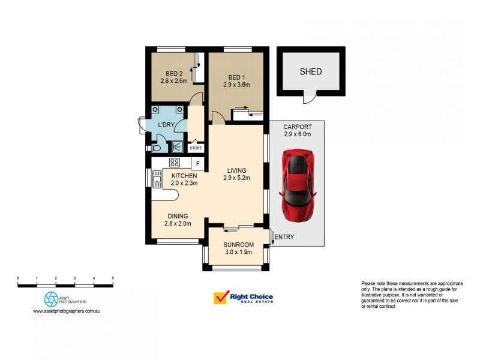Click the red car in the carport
click(x=298, y=185)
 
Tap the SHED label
click(x=311, y=71)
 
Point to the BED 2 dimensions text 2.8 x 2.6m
click(x=174, y=80)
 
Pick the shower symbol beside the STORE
click(x=178, y=146)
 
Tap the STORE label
click(x=196, y=148)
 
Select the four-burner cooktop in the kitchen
click(x=175, y=163)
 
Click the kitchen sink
click(x=157, y=178)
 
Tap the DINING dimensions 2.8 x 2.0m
click(x=178, y=224)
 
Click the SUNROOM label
click(x=238, y=245)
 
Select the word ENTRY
click(x=284, y=238)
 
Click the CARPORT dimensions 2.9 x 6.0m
click(x=298, y=134)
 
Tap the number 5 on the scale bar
click(x=113, y=278)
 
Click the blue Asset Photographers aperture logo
click(x=50, y=299)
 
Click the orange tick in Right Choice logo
click(x=222, y=297)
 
